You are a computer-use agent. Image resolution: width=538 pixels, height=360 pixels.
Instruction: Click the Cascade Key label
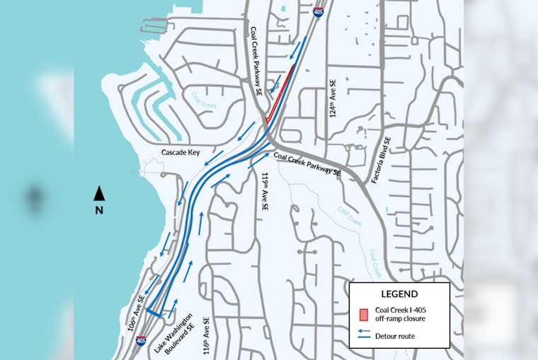pyautogui.click(x=182, y=152)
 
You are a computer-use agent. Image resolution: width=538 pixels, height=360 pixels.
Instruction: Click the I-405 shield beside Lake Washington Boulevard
pyautogui.click(x=142, y=342)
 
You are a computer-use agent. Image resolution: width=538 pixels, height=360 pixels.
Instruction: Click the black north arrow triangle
pyautogui.click(x=100, y=192)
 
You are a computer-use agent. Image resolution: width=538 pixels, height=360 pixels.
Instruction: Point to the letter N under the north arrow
pyautogui.click(x=100, y=210)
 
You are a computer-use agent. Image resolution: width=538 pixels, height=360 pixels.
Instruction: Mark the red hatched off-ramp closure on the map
pyautogui.click(x=280, y=93)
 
